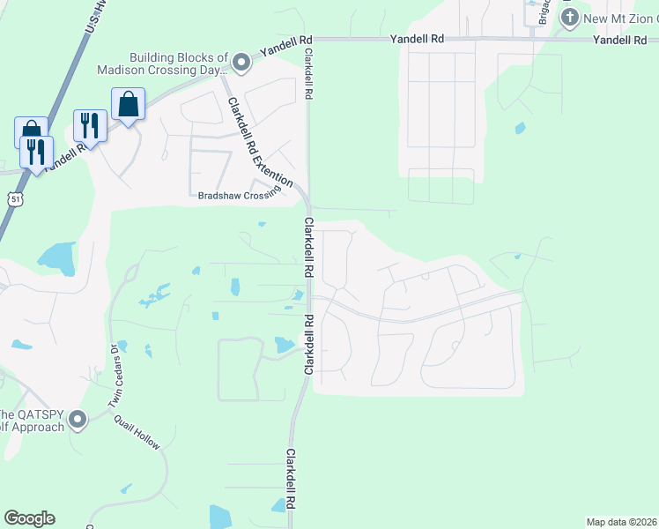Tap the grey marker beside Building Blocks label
click(x=241, y=62)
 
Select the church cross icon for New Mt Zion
click(x=569, y=17)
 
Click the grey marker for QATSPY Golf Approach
click(x=79, y=420)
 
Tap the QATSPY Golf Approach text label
click(x=32, y=421)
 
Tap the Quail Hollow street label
click(x=137, y=434)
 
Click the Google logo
click(x=29, y=518)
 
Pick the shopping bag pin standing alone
click(x=129, y=105)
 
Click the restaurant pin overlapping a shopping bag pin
click(x=37, y=152)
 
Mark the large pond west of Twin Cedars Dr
click(x=56, y=257)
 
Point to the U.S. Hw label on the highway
click(x=98, y=19)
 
